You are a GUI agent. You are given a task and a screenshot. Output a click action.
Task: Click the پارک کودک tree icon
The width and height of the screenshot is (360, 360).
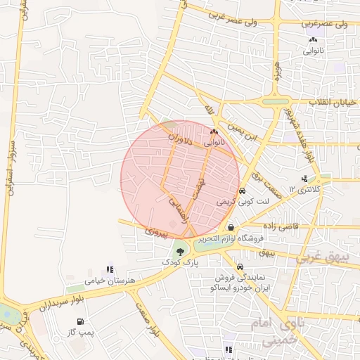[181, 251]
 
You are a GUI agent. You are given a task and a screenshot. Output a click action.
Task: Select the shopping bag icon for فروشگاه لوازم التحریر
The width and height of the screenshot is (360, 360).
[231, 228]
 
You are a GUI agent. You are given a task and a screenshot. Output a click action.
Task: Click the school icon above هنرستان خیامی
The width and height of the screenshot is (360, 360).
[108, 269]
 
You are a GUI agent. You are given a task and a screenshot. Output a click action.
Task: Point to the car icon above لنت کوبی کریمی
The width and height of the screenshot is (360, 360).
[241, 191]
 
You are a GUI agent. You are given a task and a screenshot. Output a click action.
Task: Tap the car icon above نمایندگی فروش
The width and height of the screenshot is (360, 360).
[240, 267]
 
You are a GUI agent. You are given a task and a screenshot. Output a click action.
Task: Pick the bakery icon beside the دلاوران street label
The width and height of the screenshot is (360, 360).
[214, 131]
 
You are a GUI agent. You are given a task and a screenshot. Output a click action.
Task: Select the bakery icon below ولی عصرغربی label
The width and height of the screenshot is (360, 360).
[312, 40]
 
